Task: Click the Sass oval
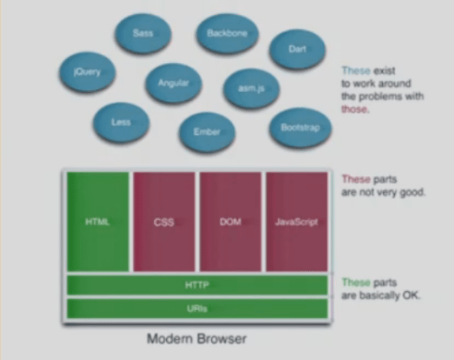pyautogui.click(x=142, y=34)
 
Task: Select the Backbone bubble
pyautogui.click(x=227, y=34)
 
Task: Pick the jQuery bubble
pyautogui.click(x=88, y=73)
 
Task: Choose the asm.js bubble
pyautogui.click(x=251, y=88)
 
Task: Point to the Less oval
pyautogui.click(x=121, y=122)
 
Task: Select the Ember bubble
pyautogui.click(x=206, y=132)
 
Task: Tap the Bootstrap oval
pyautogui.click(x=300, y=128)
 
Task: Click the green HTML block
pyautogui.click(x=98, y=222)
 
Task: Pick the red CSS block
pyautogui.click(x=164, y=222)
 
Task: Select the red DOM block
pyautogui.click(x=230, y=222)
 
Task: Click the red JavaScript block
pyautogui.click(x=296, y=222)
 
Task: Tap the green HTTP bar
pyautogui.click(x=197, y=285)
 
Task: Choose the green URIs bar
pyautogui.click(x=197, y=308)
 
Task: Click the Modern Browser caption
pyautogui.click(x=196, y=338)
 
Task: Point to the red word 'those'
pyautogui.click(x=355, y=109)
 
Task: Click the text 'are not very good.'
pyautogui.click(x=384, y=192)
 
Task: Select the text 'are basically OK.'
pyautogui.click(x=380, y=295)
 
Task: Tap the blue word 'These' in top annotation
pyautogui.click(x=355, y=70)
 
